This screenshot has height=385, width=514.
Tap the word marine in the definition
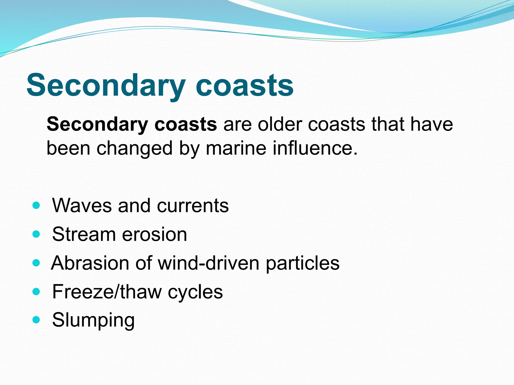pyautogui.click(x=236, y=148)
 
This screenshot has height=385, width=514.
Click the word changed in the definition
pyautogui.click(x=135, y=148)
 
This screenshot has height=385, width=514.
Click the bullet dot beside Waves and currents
pyautogui.click(x=36, y=206)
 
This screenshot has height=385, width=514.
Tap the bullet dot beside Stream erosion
pyautogui.click(x=36, y=234)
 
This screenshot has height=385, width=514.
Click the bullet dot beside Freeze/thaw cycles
pyautogui.click(x=36, y=292)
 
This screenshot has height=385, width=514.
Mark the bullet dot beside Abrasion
pyautogui.click(x=36, y=263)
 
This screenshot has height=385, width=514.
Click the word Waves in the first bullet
pyautogui.click(x=82, y=206)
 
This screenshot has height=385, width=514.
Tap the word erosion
pyautogui.click(x=154, y=234)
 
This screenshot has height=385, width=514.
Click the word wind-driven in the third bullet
pyautogui.click(x=208, y=263)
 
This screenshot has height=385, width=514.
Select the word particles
pyautogui.click(x=302, y=263)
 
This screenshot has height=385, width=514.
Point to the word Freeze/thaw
pyautogui.click(x=107, y=292)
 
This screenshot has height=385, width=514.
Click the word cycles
pyautogui.click(x=195, y=292)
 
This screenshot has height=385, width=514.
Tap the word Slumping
pyautogui.click(x=93, y=320)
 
